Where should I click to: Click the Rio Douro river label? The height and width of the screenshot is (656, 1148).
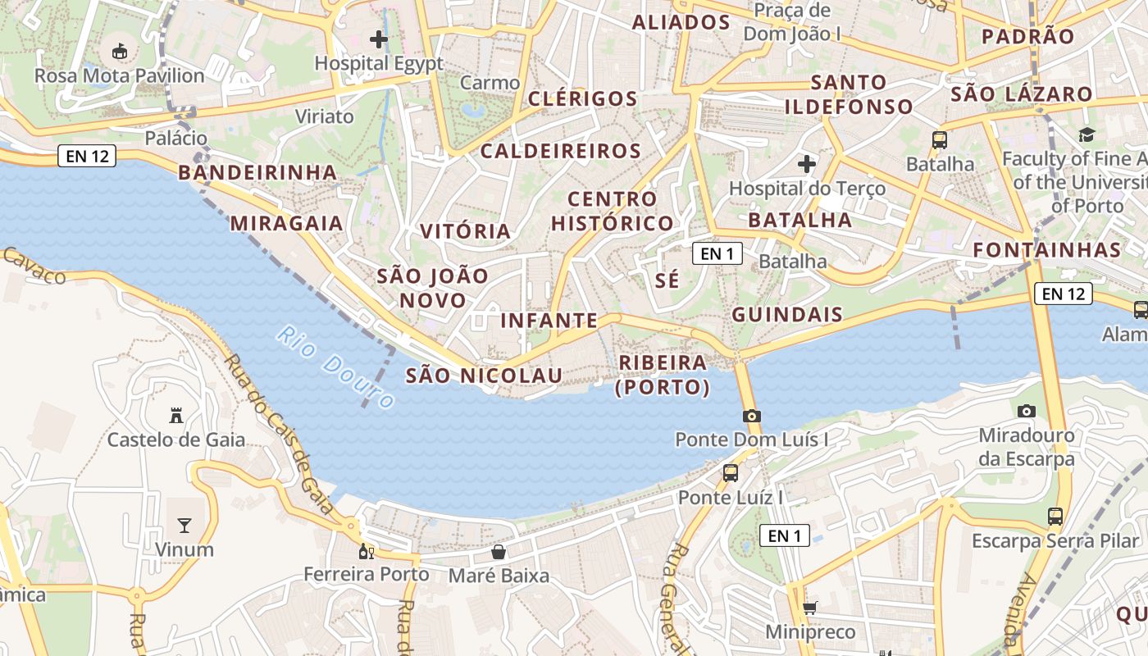[336, 367]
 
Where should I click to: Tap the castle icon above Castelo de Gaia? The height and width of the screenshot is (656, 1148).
[175, 415]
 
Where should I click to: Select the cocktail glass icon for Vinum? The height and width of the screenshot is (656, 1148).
[184, 525]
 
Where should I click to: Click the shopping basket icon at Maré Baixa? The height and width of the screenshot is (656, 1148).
[499, 551]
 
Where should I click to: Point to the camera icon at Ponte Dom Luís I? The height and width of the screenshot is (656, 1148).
[751, 416]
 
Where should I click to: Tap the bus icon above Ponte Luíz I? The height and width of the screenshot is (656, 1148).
[730, 472]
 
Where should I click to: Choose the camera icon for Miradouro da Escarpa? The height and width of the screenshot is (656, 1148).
[1026, 411]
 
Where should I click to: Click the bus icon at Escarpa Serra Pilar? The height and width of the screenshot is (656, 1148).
[1055, 517]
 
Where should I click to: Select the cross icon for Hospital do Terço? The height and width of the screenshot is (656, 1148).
[807, 164]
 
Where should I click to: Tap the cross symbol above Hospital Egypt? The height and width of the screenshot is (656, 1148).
[379, 39]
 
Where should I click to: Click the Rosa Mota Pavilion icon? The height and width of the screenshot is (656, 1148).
[120, 51]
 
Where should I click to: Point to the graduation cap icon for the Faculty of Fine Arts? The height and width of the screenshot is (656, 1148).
[1086, 134]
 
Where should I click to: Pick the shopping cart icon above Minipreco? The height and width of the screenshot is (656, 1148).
[810, 608]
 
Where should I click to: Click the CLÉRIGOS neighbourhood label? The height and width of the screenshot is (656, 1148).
[583, 99]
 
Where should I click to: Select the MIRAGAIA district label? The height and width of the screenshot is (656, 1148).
[286, 223]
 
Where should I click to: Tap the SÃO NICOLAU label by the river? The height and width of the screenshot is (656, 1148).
[484, 376]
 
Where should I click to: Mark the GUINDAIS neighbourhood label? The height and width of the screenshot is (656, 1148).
[787, 314]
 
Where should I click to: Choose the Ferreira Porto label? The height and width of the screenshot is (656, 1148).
[367, 574]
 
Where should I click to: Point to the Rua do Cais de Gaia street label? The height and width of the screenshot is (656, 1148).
[279, 435]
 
